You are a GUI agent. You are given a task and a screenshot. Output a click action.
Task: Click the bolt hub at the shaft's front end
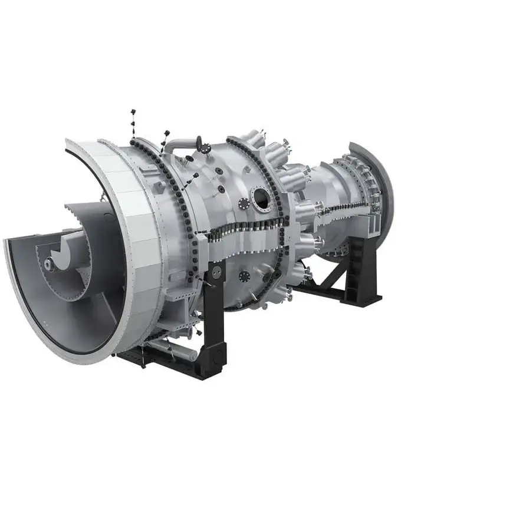coord(50,265)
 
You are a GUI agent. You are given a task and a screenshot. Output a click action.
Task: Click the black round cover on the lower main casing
coord(245,275)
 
